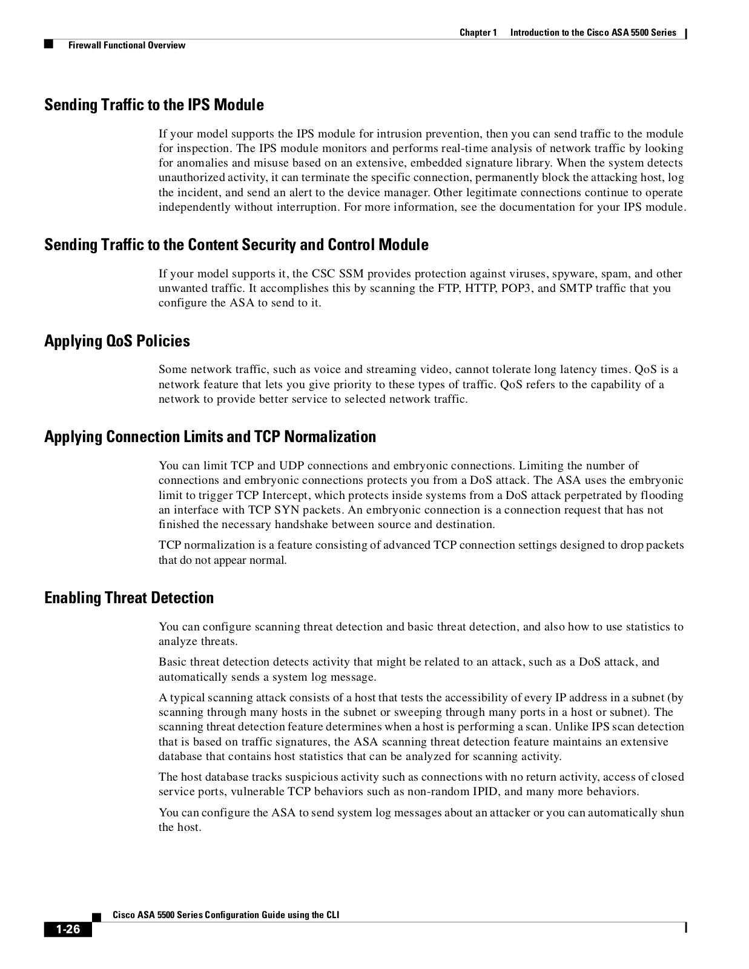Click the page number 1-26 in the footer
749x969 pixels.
click(x=68, y=930)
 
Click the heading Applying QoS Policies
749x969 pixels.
click(x=117, y=341)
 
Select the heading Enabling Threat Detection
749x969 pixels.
click(x=129, y=598)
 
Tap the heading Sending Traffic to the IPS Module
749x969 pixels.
click(x=154, y=105)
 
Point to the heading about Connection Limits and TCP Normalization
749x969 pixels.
click(x=210, y=437)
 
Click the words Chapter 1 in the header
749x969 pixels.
click(x=478, y=33)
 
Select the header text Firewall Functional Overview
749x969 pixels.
click(x=127, y=45)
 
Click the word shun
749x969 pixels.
click(x=672, y=813)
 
